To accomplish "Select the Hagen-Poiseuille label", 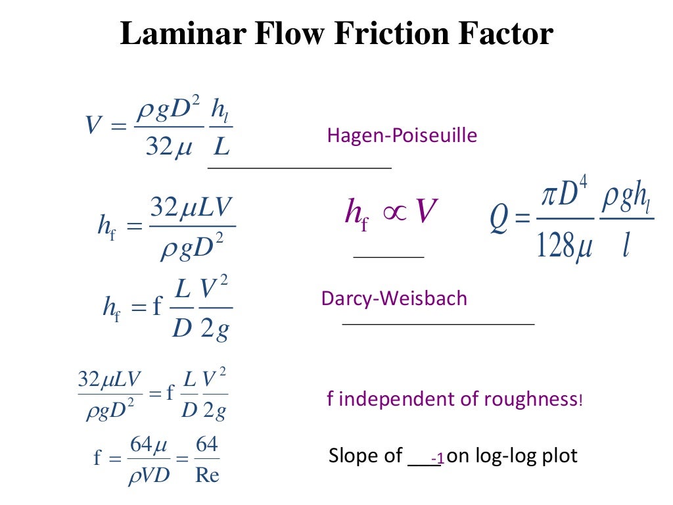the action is click(402, 136).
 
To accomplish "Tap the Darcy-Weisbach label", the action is click(394, 299).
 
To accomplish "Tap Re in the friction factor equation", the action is click(207, 475).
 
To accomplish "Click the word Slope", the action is click(356, 456).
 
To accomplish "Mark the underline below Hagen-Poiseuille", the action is click(300, 168).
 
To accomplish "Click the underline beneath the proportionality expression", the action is click(388, 256).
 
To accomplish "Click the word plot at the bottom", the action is click(561, 456).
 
